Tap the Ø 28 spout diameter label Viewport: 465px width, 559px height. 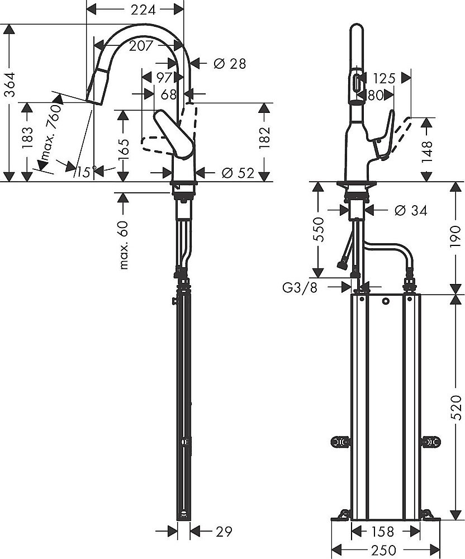point(229,64)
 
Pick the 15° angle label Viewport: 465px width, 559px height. point(86,172)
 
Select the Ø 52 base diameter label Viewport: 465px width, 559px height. point(238,173)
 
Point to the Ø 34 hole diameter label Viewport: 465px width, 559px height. point(410,210)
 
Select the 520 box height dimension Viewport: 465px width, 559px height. point(455,407)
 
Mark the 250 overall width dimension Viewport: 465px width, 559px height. point(385,551)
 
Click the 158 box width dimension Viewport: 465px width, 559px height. point(383,531)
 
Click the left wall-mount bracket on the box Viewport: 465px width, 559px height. point(339,442)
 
